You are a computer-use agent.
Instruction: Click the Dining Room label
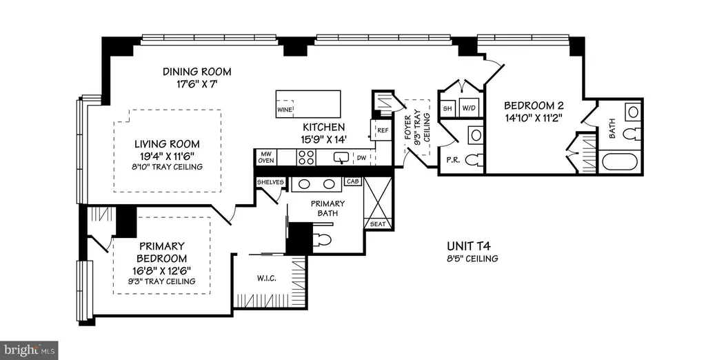[196, 71]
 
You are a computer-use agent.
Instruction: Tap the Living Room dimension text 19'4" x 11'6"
[167, 157]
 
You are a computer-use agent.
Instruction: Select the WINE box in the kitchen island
[285, 110]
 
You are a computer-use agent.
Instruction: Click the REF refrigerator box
[383, 130]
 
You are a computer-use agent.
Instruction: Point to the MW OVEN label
[266, 157]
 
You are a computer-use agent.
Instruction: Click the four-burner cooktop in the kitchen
[306, 157]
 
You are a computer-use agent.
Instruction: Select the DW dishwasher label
[361, 158]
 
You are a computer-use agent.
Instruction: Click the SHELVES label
[270, 182]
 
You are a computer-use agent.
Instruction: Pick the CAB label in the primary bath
[352, 181]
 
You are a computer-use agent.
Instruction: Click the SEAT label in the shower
[378, 224]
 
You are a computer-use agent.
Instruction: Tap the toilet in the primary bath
[322, 239]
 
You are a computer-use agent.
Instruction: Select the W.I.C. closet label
[267, 279]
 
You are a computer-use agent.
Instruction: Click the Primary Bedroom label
[162, 252]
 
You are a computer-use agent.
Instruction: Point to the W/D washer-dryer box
[470, 108]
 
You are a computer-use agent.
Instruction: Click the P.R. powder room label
[453, 159]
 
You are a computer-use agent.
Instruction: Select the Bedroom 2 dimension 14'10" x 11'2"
[534, 118]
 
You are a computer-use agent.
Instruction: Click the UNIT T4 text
[468, 246]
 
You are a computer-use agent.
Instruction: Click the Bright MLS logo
[29, 350]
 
